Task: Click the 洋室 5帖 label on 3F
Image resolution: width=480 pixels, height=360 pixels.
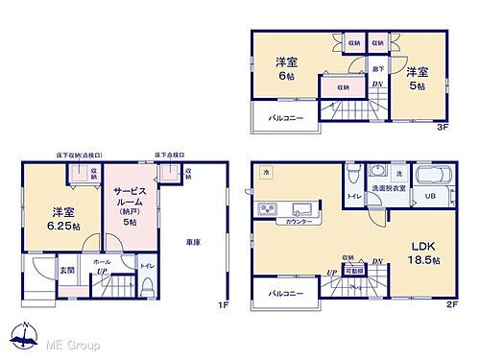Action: coord(416,78)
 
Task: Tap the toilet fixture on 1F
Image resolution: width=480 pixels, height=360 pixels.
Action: coord(147,286)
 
